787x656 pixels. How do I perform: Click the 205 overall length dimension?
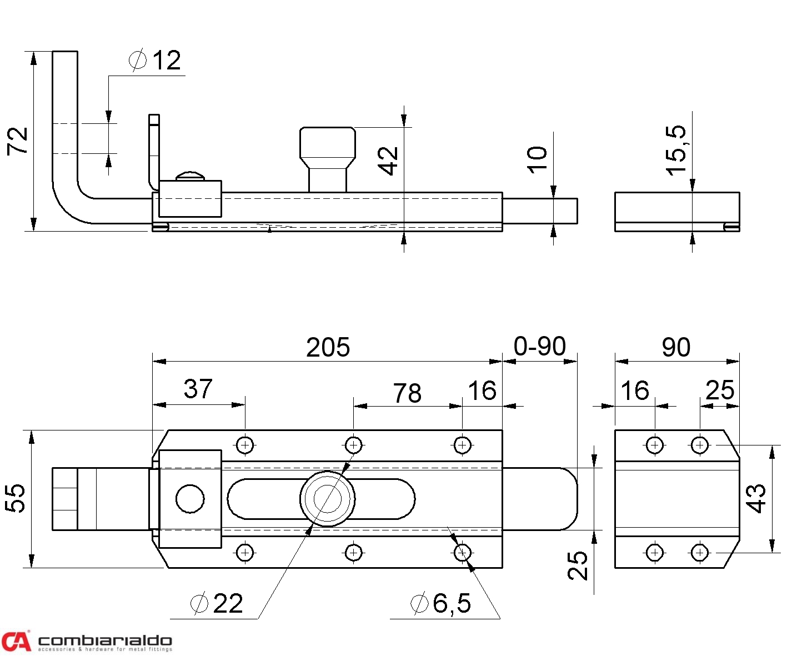(328, 348)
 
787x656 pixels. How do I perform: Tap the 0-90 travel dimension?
(539, 347)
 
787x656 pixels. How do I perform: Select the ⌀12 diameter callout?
(156, 60)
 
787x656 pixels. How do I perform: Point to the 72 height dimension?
(17, 141)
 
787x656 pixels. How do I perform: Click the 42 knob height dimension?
(388, 161)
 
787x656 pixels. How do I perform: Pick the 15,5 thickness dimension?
(676, 150)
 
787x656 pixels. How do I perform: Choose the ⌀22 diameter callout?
(217, 603)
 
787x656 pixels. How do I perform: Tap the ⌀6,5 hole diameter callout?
(441, 603)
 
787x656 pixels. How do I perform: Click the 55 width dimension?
(16, 498)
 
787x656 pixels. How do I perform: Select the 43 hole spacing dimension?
(756, 498)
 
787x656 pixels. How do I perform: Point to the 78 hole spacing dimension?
(407, 393)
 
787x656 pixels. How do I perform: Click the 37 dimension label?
(198, 389)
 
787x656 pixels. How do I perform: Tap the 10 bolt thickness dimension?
(537, 160)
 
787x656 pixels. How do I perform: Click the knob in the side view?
(327, 150)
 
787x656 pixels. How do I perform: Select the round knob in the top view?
(328, 499)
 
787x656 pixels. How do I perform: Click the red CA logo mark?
(16, 641)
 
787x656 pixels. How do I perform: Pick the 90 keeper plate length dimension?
(676, 348)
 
